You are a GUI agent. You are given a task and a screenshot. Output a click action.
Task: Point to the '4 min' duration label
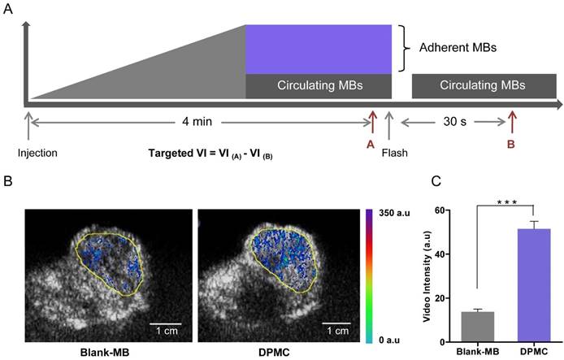197,121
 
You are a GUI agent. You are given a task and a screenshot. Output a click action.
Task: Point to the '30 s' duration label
453,121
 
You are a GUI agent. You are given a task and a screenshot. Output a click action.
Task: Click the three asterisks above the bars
498,197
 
